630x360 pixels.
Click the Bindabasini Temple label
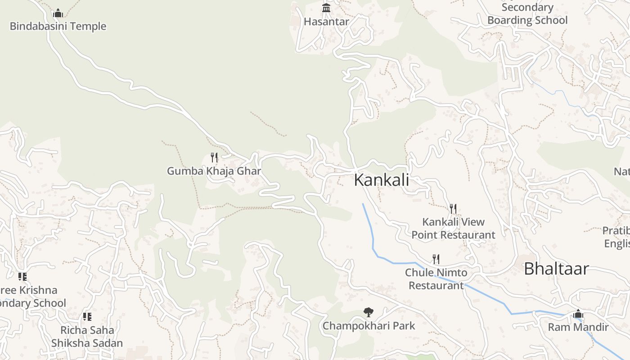click(58, 26)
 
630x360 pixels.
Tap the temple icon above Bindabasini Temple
click(58, 13)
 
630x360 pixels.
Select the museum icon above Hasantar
click(326, 8)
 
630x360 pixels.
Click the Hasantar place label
click(326, 21)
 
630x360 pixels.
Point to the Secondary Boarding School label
click(527, 14)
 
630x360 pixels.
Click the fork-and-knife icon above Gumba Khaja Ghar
click(214, 157)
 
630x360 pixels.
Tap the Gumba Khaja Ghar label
click(214, 171)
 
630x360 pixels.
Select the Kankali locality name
click(382, 180)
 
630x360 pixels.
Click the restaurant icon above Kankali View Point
click(453, 209)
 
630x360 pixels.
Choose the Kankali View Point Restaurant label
click(453, 228)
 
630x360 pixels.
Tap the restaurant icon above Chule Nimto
click(436, 259)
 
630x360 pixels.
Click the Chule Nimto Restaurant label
click(436, 279)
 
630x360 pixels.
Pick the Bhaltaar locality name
click(556, 269)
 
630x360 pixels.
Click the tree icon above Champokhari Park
click(369, 312)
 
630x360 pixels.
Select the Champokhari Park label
click(369, 325)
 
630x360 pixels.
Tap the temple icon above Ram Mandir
click(578, 314)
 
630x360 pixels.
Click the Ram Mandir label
click(578, 327)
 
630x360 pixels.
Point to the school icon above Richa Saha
click(87, 317)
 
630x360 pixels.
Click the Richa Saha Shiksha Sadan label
click(87, 337)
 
